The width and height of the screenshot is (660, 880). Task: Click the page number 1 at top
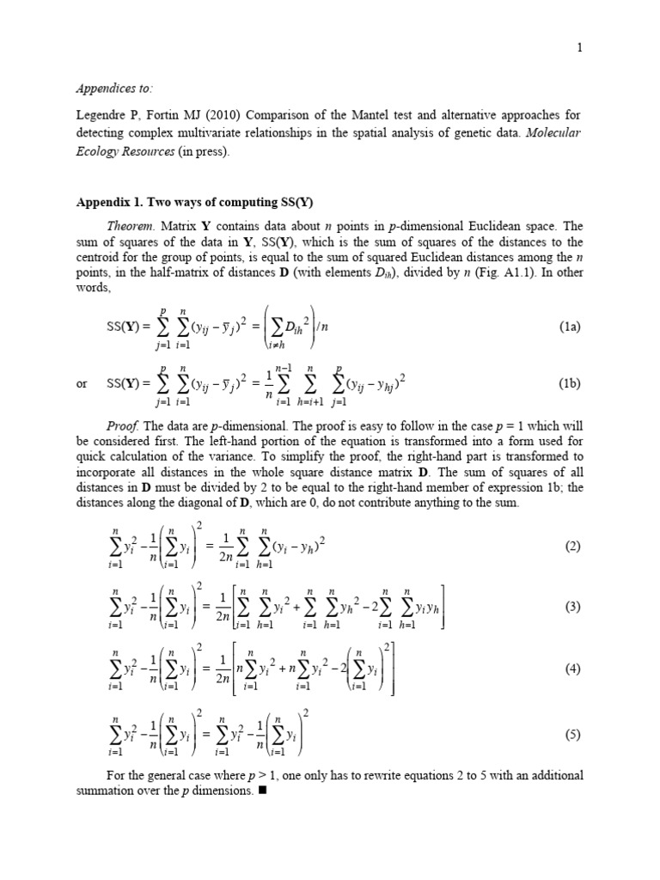click(581, 48)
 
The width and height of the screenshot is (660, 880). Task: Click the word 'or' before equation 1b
click(82, 384)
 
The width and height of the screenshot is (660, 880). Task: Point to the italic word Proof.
click(122, 428)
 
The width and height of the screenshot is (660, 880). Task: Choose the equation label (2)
click(573, 547)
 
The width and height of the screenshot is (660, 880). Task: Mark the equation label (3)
click(573, 607)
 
